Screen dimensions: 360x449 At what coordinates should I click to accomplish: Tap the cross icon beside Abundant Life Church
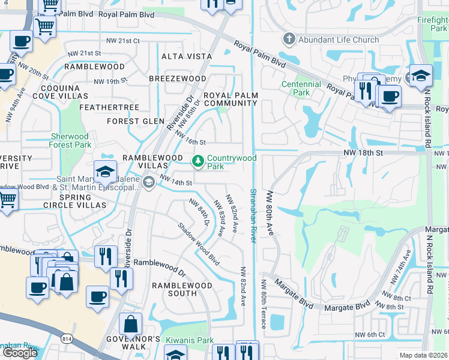[x=289, y=40]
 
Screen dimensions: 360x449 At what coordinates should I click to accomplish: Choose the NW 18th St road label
[x=363, y=154]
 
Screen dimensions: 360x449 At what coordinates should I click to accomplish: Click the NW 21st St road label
[x=122, y=41]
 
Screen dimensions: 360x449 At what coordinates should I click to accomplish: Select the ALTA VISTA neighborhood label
[x=187, y=56]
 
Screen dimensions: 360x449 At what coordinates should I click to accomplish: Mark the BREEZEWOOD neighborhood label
[x=177, y=79]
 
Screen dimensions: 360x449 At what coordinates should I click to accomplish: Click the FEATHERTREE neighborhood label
[x=113, y=107]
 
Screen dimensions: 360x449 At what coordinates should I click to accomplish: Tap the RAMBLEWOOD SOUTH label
[x=174, y=289]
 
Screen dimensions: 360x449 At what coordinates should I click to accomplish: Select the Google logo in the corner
[x=20, y=353]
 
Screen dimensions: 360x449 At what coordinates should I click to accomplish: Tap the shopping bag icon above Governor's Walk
[x=130, y=324]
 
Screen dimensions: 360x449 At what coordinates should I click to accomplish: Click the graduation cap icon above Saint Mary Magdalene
[x=105, y=172]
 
